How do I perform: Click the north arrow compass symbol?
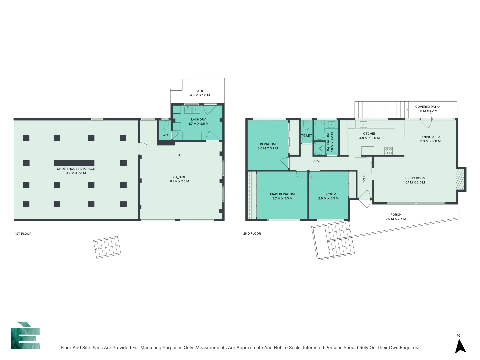pyautogui.click(x=460, y=346)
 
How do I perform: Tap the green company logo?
pyautogui.click(x=25, y=336)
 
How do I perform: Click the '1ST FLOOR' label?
pyautogui.click(x=23, y=234)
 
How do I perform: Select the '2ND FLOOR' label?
pyautogui.click(x=252, y=234)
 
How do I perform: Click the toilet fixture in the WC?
pyautogui.click(x=165, y=126)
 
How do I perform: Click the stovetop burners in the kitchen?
pyautogui.click(x=389, y=151)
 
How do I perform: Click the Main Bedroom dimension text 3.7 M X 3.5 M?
pyautogui.click(x=282, y=198)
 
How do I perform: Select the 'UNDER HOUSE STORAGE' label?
pyautogui.click(x=76, y=169)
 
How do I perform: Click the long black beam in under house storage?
pyautogui.click(x=74, y=163)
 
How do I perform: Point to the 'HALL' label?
pyautogui.click(x=318, y=161)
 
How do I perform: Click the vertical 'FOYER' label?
pyautogui.click(x=364, y=178)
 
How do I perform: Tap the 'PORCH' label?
pyautogui.click(x=396, y=215)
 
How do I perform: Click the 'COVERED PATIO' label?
pyautogui.click(x=427, y=107)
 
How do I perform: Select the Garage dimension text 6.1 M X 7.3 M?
pyautogui.click(x=179, y=182)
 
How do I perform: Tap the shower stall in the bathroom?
pyautogui.click(x=319, y=148)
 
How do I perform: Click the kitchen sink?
pyautogui.click(x=363, y=124)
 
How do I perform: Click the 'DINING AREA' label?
pyautogui.click(x=430, y=137)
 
